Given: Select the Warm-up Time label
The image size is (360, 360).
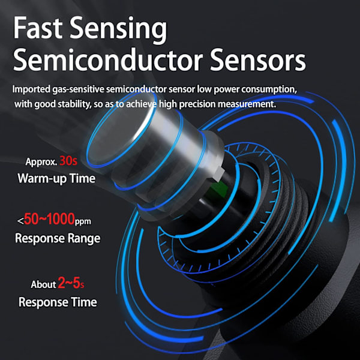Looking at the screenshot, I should coord(57,178).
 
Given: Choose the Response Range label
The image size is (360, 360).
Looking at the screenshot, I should coord(57,238).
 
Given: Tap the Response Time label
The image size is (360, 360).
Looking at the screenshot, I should coord(58,302).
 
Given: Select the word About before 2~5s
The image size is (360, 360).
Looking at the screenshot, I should coord(43,284).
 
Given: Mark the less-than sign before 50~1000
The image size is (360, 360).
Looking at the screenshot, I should coord(20,222).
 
